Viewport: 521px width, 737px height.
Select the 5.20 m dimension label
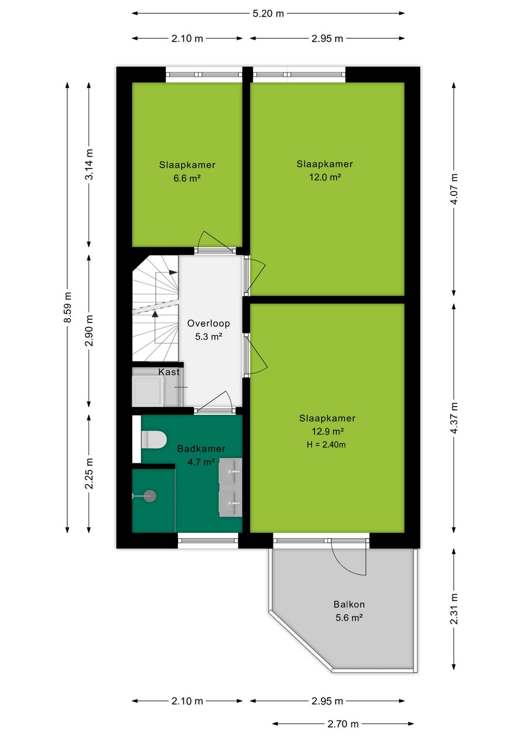pos(268,14)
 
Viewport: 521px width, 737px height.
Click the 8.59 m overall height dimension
pos(68,307)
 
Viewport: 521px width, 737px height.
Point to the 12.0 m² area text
pos(325,177)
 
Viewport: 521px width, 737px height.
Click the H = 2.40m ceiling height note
pos(326,444)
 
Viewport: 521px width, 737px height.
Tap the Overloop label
pos(208,324)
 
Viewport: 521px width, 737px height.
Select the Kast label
pos(169,372)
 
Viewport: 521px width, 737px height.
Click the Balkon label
pos(349,604)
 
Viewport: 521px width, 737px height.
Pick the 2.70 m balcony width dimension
pos(343,724)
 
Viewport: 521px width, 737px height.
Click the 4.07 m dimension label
pos(454,189)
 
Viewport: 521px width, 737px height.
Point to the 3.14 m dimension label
pos(89,165)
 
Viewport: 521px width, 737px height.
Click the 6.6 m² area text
pos(187,178)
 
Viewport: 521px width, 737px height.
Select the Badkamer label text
pos(201,449)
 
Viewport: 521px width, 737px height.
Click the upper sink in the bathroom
pos(231,471)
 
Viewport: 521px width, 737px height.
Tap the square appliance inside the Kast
pos(147,391)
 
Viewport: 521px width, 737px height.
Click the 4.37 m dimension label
pos(454,418)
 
